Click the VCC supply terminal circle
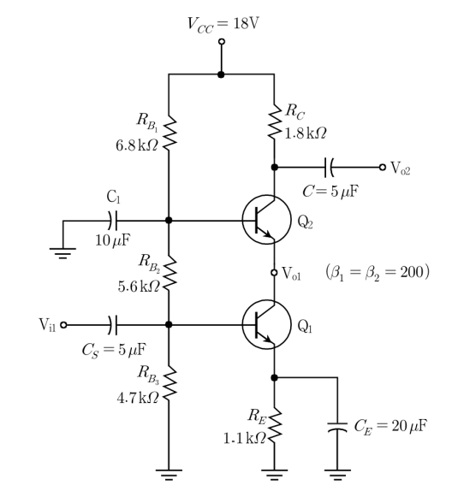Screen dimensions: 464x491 point(222,41)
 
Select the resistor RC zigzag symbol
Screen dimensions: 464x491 point(275,122)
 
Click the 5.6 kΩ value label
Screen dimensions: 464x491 point(139,287)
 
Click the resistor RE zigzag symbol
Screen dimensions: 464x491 point(275,425)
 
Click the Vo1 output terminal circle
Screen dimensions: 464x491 point(274,273)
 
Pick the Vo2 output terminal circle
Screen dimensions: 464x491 point(382,167)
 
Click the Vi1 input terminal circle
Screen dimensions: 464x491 point(63,325)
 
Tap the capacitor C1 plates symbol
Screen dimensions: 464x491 point(113,221)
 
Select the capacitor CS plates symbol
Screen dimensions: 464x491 point(113,325)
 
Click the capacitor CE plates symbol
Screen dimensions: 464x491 point(337,427)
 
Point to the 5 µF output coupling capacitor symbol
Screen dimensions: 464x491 point(329,167)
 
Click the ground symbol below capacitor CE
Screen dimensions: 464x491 point(337,475)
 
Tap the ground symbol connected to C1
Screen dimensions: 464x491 point(62,253)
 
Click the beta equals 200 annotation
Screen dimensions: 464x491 point(378,272)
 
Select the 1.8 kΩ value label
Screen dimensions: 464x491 point(305,133)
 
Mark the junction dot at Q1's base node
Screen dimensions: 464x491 point(169,325)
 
